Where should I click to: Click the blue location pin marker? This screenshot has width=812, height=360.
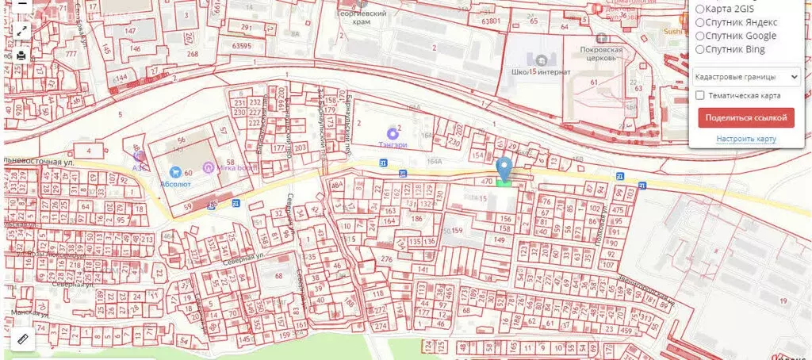point(504,169)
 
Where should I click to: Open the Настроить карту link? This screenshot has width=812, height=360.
point(745,139)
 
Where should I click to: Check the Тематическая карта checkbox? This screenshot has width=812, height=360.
point(700,95)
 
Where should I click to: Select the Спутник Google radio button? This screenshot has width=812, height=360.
point(701,36)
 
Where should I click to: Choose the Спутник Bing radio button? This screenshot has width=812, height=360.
point(701,49)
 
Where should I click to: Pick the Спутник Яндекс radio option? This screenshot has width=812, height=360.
point(701,22)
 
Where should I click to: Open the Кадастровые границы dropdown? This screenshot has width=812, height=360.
point(745,77)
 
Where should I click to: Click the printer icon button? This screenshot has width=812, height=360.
point(21,56)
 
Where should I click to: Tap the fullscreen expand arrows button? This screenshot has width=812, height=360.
point(21,31)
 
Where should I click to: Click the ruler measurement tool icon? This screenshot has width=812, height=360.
point(21,339)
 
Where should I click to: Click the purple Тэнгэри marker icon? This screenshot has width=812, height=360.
point(392,132)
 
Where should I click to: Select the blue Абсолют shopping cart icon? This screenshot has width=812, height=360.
point(175,171)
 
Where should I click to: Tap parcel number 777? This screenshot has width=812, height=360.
point(71,54)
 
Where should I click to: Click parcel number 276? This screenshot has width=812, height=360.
point(386,259)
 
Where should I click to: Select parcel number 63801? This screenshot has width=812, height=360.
point(490,21)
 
